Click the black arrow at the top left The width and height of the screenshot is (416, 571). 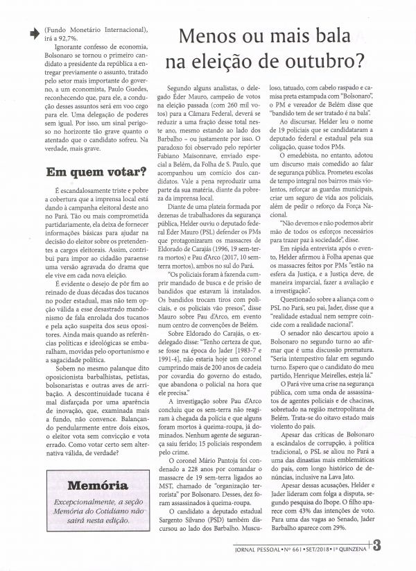click(x=33, y=31)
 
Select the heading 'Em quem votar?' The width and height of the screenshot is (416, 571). click(x=85, y=171)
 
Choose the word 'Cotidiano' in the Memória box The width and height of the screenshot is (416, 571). click(x=110, y=510)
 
